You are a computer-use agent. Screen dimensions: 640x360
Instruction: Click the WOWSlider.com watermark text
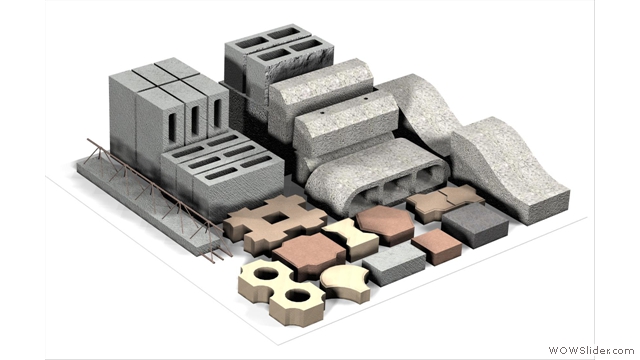coord(591,350)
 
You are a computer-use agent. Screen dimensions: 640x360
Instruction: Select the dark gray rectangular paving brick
coord(475,224)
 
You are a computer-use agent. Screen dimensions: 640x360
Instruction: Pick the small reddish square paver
coord(436,246)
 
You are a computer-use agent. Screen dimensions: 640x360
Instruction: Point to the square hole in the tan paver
coord(273,219)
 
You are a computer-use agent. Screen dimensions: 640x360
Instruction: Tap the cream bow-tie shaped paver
coord(350,238)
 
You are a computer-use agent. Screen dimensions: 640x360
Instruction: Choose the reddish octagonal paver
coord(385,224)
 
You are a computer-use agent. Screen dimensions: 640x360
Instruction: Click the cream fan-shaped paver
coord(345,283)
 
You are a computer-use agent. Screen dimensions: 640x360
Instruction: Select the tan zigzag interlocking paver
coord(445,202)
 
